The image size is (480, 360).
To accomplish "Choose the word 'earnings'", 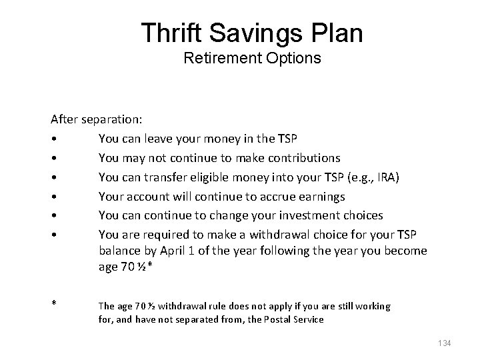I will [x=323, y=197].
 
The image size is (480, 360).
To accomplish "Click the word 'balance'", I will [x=119, y=251].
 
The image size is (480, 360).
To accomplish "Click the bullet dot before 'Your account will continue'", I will [x=53, y=197].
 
